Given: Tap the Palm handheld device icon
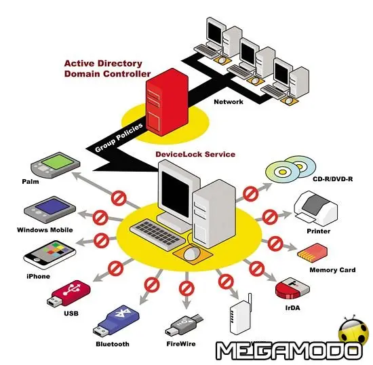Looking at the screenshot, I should click(52, 166).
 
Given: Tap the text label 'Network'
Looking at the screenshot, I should click(228, 102).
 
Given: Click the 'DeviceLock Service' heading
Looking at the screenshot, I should click(195, 155).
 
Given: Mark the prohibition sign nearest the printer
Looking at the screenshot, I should click(269, 217).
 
